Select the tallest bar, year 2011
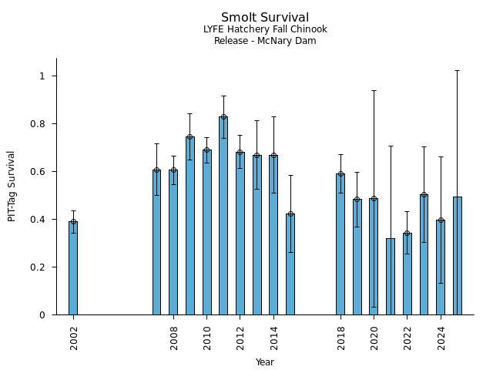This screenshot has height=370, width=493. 223,216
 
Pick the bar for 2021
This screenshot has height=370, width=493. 391,277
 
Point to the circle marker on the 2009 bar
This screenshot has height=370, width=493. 190,137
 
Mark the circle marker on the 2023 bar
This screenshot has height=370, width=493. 424,195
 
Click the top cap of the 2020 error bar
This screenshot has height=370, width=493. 374,90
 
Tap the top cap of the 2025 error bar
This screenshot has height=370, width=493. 458,70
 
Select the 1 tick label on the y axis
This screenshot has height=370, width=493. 43,76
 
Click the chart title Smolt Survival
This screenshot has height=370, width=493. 265,18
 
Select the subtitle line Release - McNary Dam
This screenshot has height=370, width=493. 265,41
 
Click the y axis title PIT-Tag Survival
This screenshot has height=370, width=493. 12,186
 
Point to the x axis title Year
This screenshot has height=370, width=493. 265,362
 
